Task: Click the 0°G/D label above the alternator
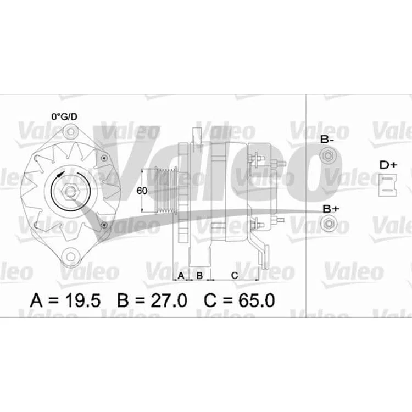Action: tap(64, 116)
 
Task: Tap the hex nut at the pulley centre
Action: tap(70, 191)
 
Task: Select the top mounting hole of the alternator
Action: tap(70, 132)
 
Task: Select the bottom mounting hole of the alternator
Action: tap(70, 257)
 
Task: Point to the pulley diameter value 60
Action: tap(142, 191)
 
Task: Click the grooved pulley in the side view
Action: tap(165, 191)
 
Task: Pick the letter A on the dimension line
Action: tap(181, 276)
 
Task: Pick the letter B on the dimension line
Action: tap(199, 276)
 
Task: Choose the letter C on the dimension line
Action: tap(235, 276)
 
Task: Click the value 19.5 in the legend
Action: tap(82, 300)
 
